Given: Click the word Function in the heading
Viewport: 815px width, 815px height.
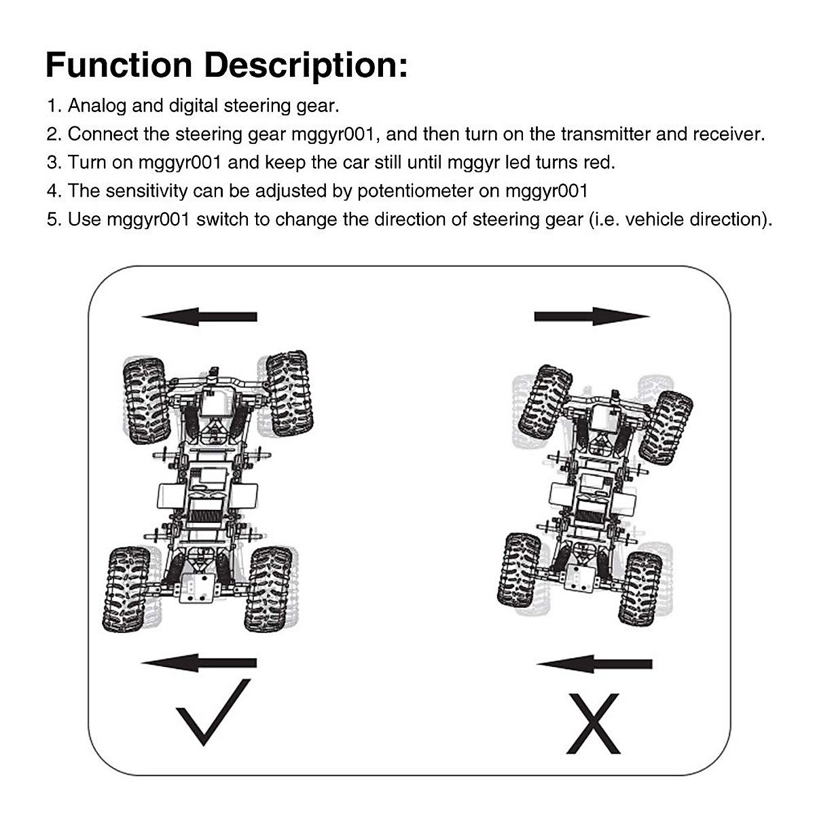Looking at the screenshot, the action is click(x=119, y=66).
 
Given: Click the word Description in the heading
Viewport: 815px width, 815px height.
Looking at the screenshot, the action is click(x=306, y=66).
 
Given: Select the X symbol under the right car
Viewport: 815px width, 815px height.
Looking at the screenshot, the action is click(x=594, y=723).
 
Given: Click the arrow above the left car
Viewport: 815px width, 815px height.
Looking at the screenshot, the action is click(x=199, y=316).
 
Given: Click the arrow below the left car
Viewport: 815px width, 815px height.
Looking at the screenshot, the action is click(x=199, y=664).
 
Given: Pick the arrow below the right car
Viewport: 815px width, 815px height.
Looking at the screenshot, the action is click(x=594, y=664).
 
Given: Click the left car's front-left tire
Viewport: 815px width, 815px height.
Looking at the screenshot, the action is click(x=145, y=401).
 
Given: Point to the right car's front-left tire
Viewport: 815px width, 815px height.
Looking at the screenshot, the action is click(x=545, y=401).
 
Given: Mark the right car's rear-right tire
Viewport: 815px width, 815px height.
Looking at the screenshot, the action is click(x=640, y=587).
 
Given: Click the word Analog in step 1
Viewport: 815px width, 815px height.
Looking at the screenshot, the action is click(x=96, y=106).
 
